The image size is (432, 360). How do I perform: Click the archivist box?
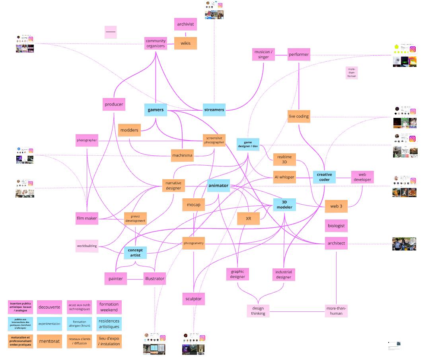[x=185, y=24]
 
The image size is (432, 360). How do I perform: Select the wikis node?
[x=185, y=43]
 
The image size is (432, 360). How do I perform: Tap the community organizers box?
[x=156, y=43]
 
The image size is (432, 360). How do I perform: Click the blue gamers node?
[x=156, y=110]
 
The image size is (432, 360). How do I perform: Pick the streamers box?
[x=214, y=110]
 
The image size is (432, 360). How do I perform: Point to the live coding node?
[x=298, y=116]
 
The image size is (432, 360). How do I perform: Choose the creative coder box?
[x=324, y=177]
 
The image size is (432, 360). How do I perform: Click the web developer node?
[x=362, y=177]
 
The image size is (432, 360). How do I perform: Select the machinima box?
[x=183, y=155]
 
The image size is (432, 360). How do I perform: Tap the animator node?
[x=218, y=185]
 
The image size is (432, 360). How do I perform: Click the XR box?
[x=248, y=219]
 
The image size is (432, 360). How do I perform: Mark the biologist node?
[x=336, y=225]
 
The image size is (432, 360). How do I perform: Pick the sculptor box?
[x=194, y=299]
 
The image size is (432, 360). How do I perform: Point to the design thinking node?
[x=258, y=311]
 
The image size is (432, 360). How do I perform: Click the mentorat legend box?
[x=50, y=341]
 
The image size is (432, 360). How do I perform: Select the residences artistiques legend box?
[x=109, y=323]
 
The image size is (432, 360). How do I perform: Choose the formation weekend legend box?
[x=109, y=307]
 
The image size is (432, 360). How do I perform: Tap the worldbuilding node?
[x=87, y=246]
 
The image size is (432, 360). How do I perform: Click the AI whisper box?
[x=284, y=177]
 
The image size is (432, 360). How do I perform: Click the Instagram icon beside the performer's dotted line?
[x=413, y=49]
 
